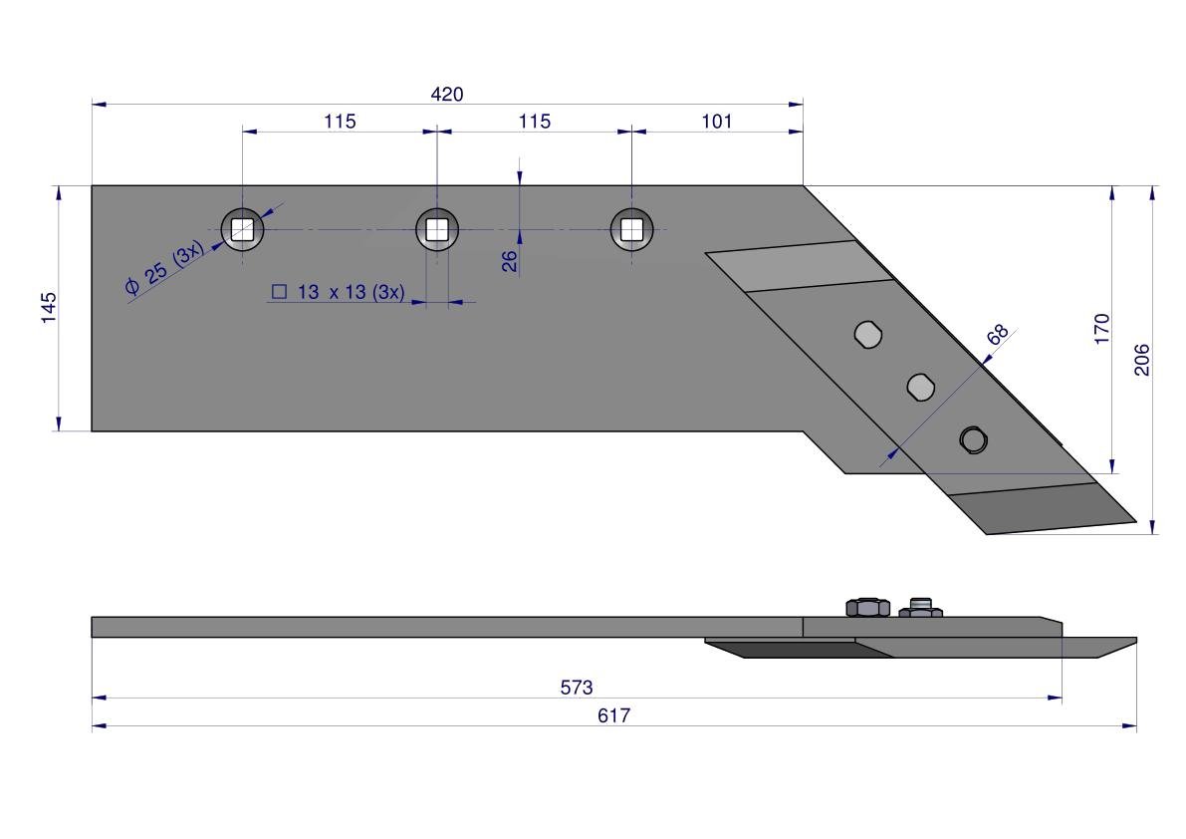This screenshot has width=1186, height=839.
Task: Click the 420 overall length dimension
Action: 446,95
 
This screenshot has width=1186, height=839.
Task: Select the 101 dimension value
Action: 716,122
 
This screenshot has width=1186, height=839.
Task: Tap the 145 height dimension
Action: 49,308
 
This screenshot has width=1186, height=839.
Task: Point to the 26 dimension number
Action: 510,260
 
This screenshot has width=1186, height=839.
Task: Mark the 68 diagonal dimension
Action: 998,334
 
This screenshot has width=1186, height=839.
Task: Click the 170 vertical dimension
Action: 1101,329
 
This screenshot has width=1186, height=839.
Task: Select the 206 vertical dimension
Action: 1141,360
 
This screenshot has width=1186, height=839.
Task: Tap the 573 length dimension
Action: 577,688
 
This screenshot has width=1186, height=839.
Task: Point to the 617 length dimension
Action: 613,715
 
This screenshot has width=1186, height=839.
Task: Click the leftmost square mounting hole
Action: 242,229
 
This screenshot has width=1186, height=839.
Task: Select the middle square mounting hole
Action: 437,229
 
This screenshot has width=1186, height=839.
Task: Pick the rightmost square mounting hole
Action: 631,229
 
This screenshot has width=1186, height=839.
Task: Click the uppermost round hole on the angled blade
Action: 867,335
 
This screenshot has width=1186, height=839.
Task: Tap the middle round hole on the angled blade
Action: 920,388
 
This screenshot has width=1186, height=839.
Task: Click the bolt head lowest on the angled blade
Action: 974,439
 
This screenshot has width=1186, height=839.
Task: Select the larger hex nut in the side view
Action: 867,607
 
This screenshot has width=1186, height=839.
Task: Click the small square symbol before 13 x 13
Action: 279,292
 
